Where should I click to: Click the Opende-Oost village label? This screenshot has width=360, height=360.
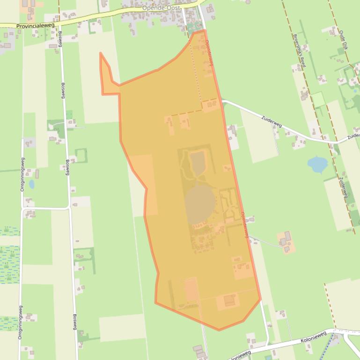tap(162, 8)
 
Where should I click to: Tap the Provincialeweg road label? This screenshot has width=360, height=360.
tap(35, 26)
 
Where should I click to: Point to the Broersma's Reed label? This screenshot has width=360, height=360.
tap(299, 50)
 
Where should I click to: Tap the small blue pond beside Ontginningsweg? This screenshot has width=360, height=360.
tap(31, 184)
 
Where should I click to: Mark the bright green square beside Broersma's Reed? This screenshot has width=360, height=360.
tap(318, 100)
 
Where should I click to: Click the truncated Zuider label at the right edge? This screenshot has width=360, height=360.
tap(353, 137)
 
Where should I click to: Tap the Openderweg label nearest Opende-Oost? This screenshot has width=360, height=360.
tap(208, 52)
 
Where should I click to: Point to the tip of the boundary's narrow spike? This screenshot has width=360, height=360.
tap(101, 53)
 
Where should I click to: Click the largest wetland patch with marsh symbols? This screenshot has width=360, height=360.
tap(9, 264)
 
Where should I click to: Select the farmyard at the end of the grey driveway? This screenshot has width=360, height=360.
tap(286, 242)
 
